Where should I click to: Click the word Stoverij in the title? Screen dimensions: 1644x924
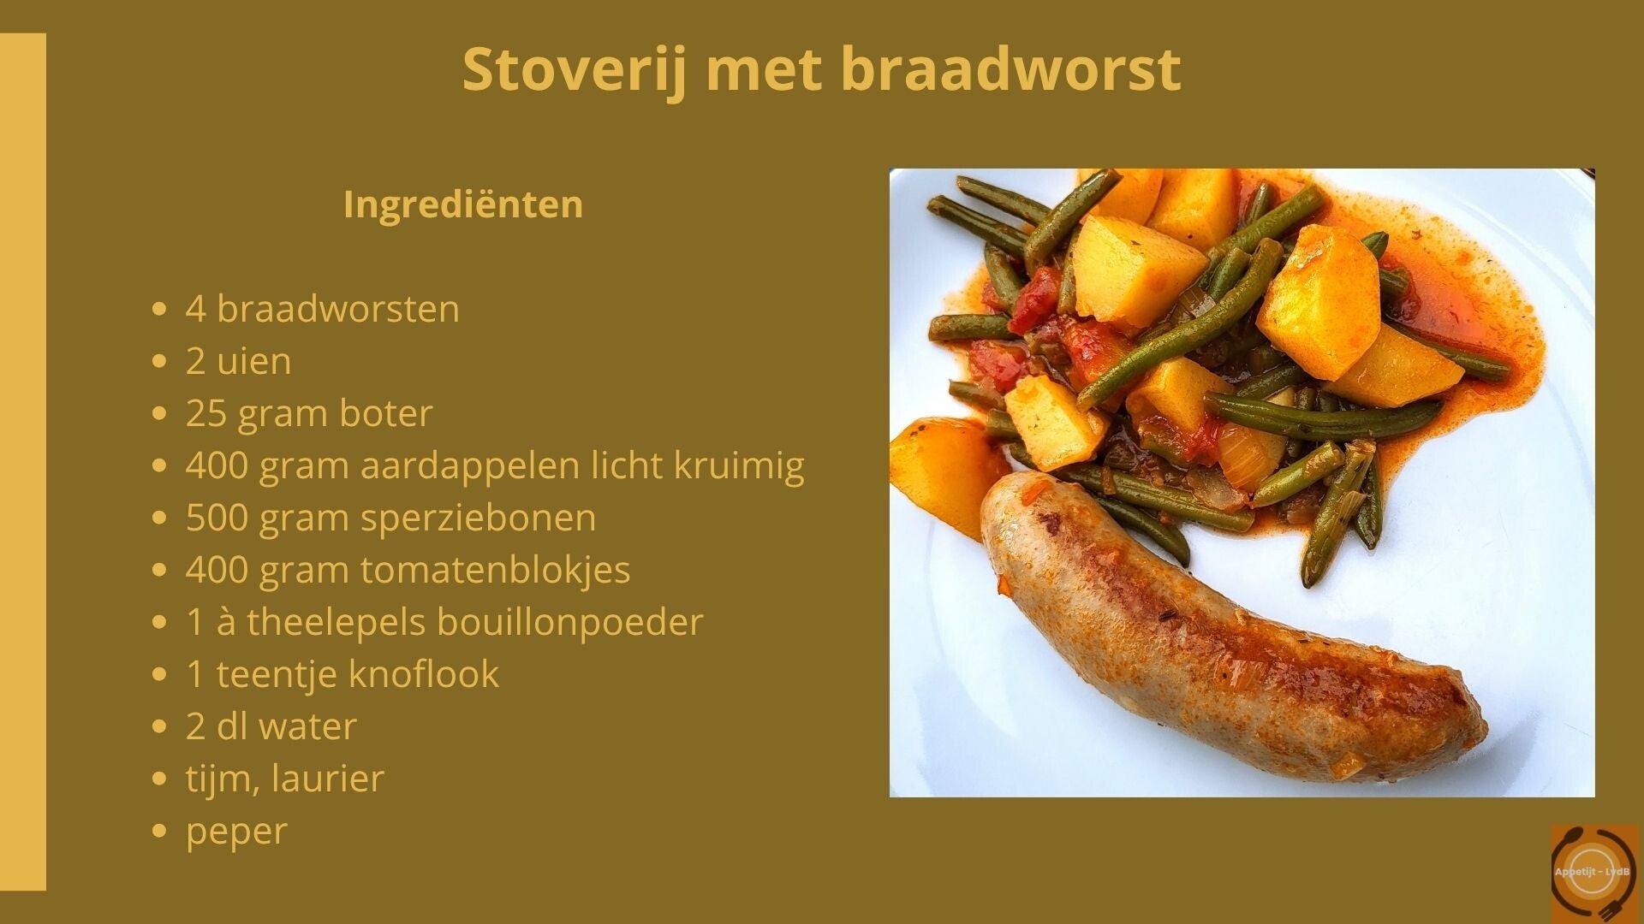[575, 70]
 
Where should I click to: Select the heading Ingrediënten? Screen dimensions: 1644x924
[463, 204]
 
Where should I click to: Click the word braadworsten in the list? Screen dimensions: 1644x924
[337, 308]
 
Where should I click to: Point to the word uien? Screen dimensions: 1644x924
[253, 361]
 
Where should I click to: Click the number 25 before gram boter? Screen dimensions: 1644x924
[206, 413]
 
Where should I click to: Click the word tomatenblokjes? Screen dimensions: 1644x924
[495, 571]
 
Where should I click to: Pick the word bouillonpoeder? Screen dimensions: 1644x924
[569, 623]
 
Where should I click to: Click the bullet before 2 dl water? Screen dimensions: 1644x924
[158, 727]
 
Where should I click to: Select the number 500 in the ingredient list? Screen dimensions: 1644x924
[217, 518]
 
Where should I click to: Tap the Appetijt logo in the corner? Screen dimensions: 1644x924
[1594, 872]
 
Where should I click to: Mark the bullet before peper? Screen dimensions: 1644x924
[158, 832]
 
